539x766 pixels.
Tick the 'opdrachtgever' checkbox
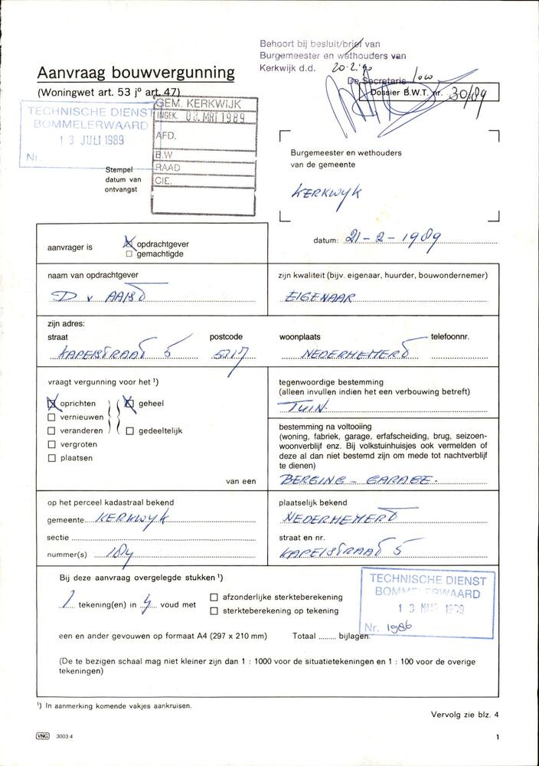point(129,244)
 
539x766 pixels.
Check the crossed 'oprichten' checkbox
point(52,404)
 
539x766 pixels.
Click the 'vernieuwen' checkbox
point(52,417)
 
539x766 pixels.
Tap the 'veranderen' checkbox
point(52,430)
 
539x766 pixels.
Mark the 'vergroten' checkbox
point(52,444)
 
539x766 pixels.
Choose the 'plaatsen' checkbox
point(52,458)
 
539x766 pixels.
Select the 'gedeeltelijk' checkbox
point(129,430)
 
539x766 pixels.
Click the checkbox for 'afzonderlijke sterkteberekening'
point(214,597)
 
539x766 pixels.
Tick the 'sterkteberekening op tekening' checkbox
point(214,611)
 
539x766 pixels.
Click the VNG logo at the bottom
point(42,735)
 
